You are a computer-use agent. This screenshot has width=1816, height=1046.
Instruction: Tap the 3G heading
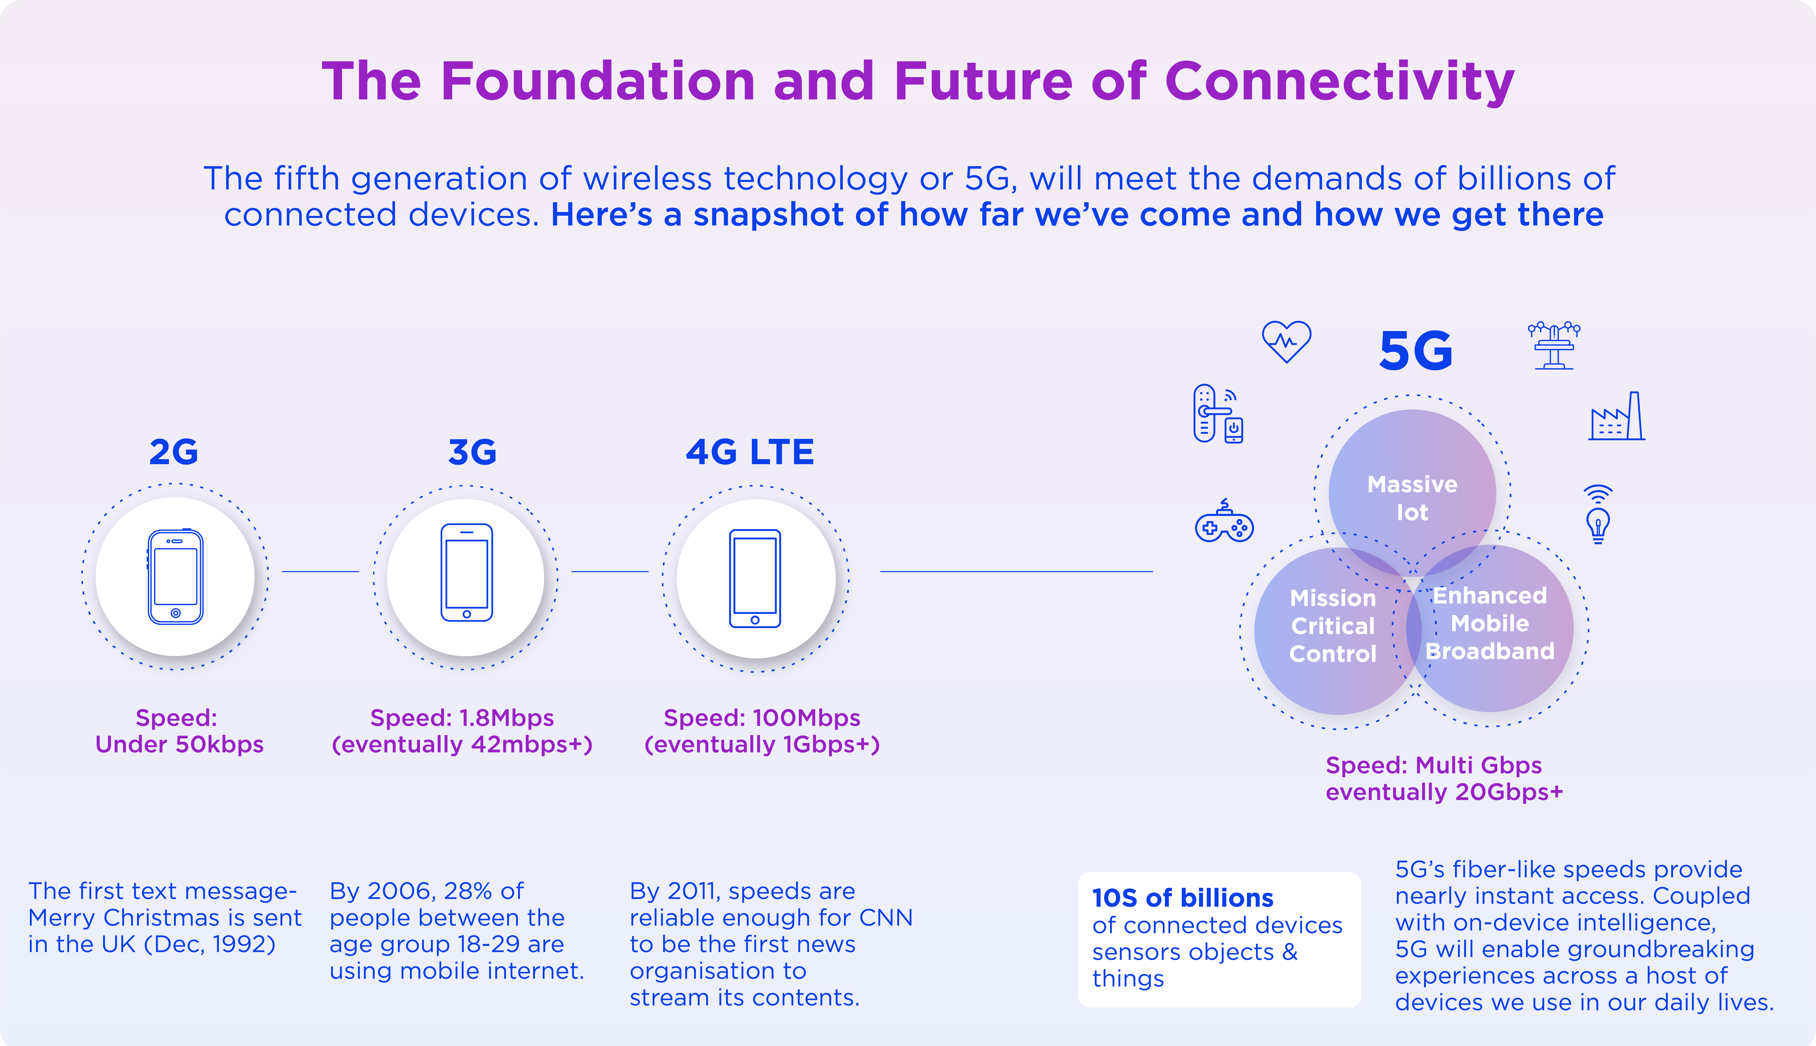pyautogui.click(x=472, y=452)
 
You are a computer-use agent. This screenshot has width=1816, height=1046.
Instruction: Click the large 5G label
pyautogui.click(x=1415, y=351)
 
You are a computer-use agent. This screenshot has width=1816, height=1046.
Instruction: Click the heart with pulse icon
pyautogui.click(x=1287, y=341)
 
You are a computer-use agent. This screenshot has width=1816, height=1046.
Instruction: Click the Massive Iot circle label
pyautogui.click(x=1412, y=498)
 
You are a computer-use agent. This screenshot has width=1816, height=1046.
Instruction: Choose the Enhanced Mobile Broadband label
pyautogui.click(x=1490, y=623)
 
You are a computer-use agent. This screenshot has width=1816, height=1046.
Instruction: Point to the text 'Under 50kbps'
pyautogui.click(x=180, y=744)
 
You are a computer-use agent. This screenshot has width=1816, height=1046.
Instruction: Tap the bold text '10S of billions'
pyautogui.click(x=1182, y=898)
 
